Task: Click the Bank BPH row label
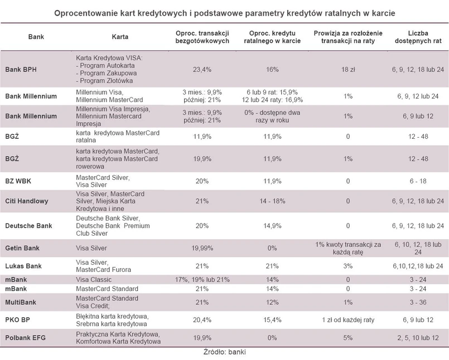click(21, 70)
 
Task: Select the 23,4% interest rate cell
click(201, 70)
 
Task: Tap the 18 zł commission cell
click(348, 70)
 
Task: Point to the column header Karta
click(119, 37)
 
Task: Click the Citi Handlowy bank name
click(27, 201)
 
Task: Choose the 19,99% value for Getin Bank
click(201, 248)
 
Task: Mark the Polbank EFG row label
click(25, 338)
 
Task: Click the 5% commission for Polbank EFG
click(348, 338)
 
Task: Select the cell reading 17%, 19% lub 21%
click(201, 279)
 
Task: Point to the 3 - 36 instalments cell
click(418, 302)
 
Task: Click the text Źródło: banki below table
click(225, 352)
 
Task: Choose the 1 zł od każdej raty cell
click(348, 320)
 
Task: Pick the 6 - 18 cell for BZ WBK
click(418, 181)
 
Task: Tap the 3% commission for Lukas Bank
click(348, 266)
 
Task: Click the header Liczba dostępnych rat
click(418, 37)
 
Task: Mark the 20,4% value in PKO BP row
click(201, 320)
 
